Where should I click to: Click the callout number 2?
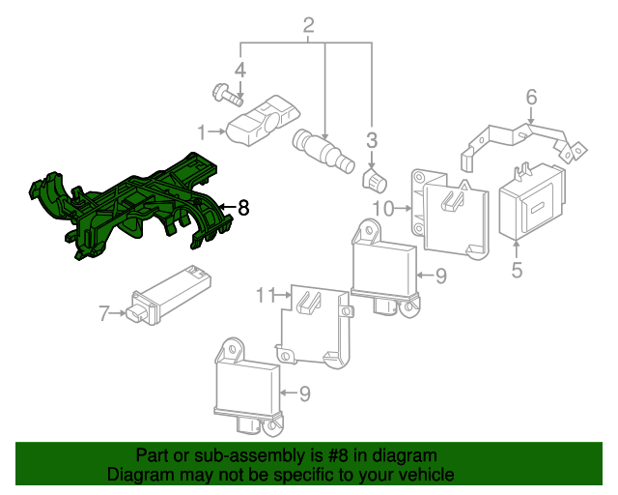click(309, 25)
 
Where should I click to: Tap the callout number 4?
click(239, 70)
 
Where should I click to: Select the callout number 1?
click(202, 131)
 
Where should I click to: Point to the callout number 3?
click(371, 141)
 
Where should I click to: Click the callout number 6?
click(530, 97)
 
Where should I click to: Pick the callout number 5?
click(517, 270)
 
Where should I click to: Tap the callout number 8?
click(243, 207)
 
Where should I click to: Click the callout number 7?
click(103, 312)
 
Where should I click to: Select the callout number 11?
click(266, 294)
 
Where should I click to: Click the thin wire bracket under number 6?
click(521, 136)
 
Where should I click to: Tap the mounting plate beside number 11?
click(314, 324)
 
